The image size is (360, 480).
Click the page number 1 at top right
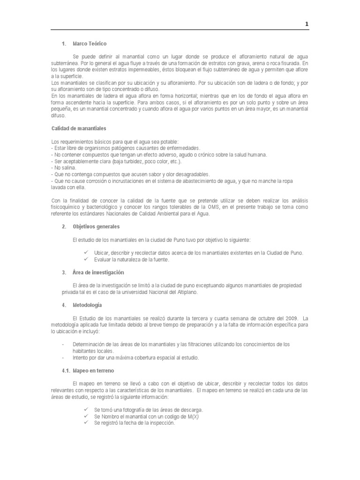tap(307, 24)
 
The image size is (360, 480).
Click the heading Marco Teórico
tap(90, 44)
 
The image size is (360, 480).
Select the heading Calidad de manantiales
tap(78, 128)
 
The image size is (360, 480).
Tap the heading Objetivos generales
tap(96, 226)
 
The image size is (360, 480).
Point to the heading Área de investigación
tap(98, 272)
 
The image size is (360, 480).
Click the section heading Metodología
tap(87, 305)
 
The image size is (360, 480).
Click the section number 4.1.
tap(66, 370)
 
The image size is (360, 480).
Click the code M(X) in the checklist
tap(192, 416)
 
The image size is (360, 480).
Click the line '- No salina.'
tap(63, 167)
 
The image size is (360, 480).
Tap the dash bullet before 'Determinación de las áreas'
tap(63, 344)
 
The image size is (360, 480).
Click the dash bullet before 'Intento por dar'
tap(63, 358)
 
